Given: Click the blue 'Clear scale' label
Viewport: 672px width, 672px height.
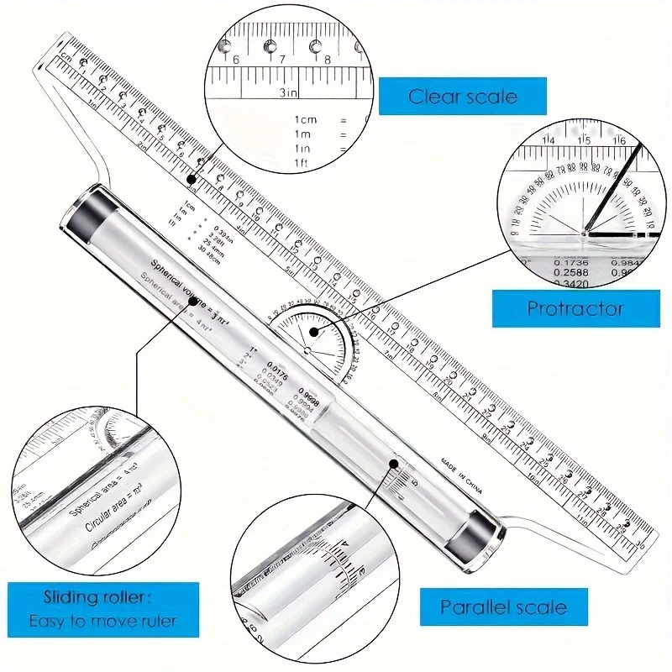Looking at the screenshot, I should [x=462, y=97].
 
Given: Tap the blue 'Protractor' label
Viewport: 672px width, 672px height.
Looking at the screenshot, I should [x=575, y=308].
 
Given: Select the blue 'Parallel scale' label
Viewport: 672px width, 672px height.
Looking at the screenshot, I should [x=503, y=606].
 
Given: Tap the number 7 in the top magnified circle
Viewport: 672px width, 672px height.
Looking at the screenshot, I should [x=282, y=59].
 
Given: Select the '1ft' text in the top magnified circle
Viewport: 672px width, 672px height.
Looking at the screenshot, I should [x=300, y=161].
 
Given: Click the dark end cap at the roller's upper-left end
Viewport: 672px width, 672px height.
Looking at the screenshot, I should [x=84, y=215].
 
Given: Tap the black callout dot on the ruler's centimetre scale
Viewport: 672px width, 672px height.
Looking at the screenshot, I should [x=192, y=178].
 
